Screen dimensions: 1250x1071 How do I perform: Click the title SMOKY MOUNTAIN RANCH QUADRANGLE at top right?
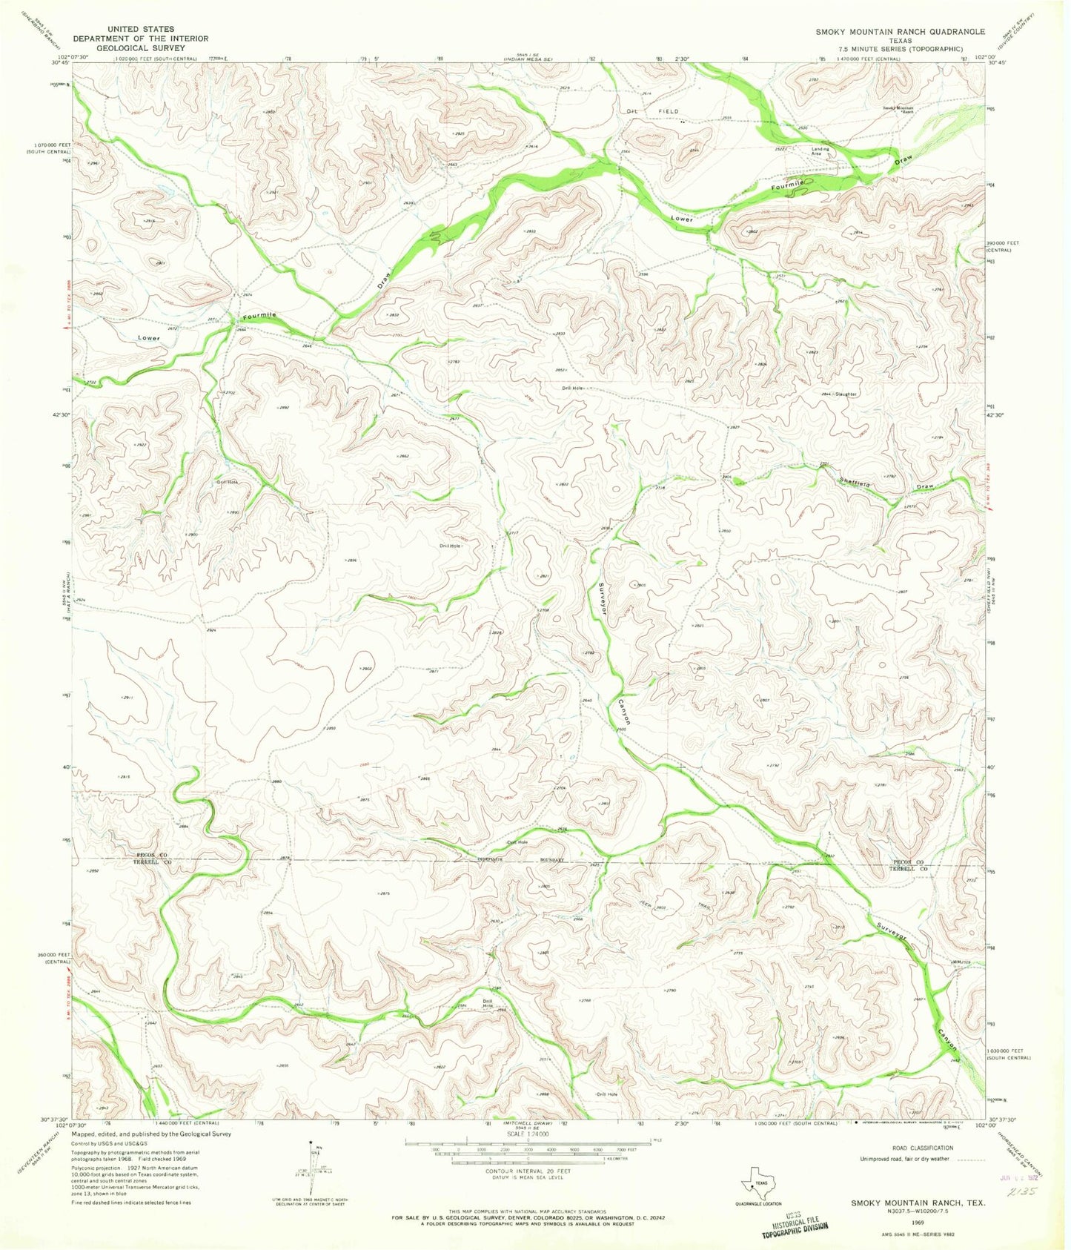tap(900, 32)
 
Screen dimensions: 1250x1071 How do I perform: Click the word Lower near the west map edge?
tap(149, 338)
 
